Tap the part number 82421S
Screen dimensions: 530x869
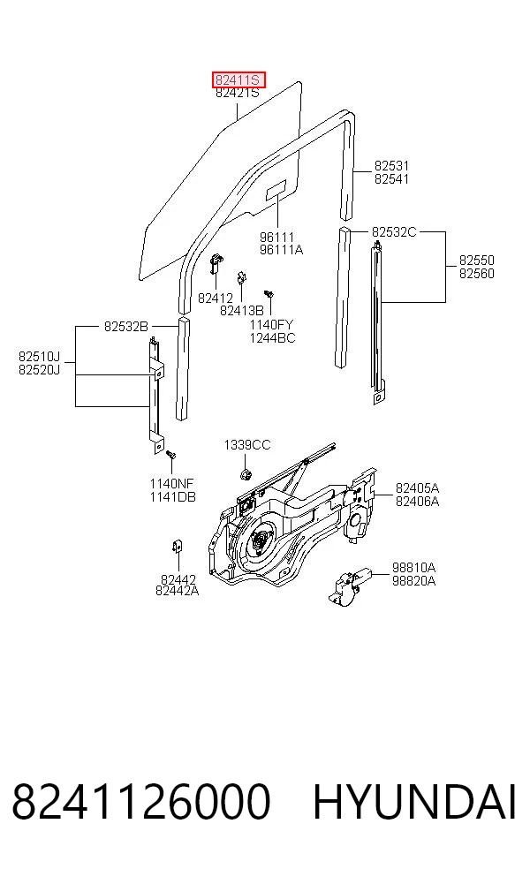238,93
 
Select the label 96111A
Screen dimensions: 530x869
281,250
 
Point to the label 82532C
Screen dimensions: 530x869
394,231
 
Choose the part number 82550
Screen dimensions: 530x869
477,260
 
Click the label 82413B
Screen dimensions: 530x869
242,311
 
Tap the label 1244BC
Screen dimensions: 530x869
272,338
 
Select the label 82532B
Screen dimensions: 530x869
126,327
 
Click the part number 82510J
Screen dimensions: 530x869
39,356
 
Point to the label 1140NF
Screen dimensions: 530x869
172,484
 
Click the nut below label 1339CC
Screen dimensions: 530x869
244,474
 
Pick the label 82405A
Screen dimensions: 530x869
417,488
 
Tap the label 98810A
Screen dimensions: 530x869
413,568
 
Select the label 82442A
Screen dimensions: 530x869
177,591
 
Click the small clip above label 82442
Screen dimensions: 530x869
178,547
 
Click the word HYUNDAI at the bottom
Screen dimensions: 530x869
414,801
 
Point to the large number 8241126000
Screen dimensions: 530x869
141,801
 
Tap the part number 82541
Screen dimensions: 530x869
391,179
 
